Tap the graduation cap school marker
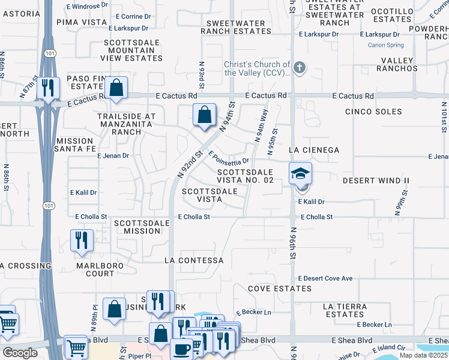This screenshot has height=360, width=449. tap(301, 174)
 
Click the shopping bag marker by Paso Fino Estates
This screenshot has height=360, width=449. tap(118, 88)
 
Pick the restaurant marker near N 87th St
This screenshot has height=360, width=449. tap(48, 88)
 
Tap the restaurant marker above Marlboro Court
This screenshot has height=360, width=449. tap(82, 240)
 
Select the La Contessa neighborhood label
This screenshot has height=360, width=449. tap(194, 261)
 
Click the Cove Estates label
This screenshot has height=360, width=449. tap(280, 289)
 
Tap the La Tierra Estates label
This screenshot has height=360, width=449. tap(344, 310)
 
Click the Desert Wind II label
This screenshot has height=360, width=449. tap(376, 181)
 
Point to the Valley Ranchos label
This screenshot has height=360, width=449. tap(397, 64)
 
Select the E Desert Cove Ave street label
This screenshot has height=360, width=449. tap(325, 279)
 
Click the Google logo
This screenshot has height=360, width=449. tap(20, 353)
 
